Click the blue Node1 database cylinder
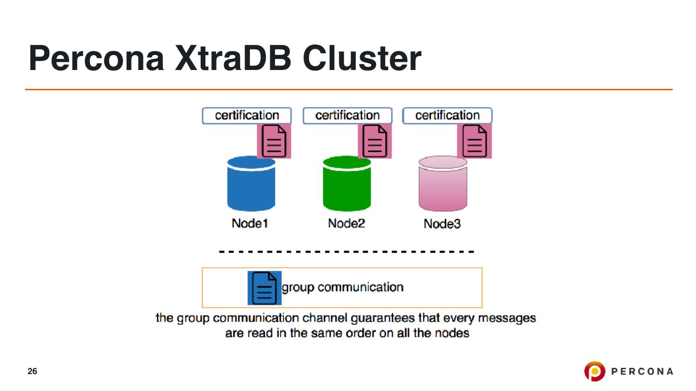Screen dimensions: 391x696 point(251,184)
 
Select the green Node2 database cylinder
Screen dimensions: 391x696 point(347,184)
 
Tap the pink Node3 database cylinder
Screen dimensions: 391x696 point(442,184)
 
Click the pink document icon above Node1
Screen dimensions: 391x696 point(274,141)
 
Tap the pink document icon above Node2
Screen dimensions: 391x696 point(375,141)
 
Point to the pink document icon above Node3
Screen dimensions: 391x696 point(474,141)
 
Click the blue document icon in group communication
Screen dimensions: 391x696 point(264,288)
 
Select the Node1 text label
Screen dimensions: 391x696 point(249,224)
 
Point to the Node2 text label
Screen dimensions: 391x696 point(346,224)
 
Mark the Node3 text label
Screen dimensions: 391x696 point(442,224)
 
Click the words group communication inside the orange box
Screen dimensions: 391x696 point(342,288)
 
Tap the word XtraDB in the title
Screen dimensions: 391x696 point(234,58)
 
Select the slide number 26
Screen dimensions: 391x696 point(32,371)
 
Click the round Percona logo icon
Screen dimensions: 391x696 point(594,371)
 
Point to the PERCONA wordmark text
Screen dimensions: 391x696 point(642,371)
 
